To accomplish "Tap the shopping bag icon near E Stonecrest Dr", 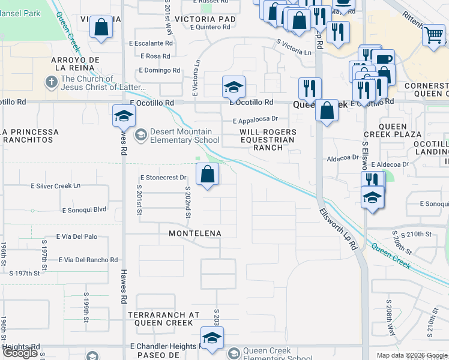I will point(207,175).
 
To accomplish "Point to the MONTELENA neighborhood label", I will point(195,233).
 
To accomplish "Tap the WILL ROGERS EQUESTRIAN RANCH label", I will point(268,139).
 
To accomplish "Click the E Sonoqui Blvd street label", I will point(84,210).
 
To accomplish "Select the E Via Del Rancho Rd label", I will point(88,260).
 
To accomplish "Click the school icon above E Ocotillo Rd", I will point(233,88).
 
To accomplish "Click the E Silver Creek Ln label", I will point(56,186).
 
